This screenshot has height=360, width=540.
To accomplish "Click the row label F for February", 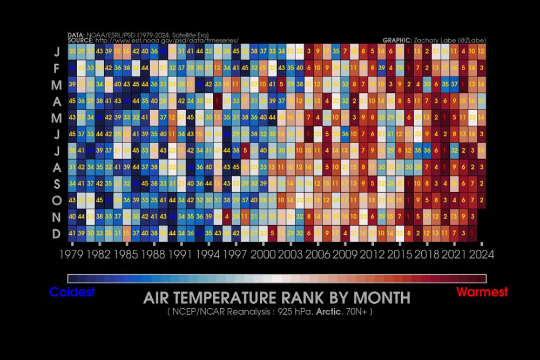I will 57,69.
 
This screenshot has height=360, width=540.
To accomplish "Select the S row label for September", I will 57,184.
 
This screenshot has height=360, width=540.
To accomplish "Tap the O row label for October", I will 57,200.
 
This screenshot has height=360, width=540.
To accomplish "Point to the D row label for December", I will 57,234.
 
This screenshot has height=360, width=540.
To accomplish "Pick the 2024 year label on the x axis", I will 481,254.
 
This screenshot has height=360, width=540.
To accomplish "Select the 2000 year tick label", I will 263,254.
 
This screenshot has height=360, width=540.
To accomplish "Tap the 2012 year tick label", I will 372,254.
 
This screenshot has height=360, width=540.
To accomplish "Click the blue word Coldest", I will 72,293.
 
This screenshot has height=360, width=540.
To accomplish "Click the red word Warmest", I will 482,293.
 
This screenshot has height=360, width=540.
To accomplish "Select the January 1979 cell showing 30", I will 72,51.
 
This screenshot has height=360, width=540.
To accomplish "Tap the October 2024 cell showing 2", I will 481,200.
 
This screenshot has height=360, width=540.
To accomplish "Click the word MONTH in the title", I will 379,298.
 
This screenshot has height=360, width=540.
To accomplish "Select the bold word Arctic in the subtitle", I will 328,312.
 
